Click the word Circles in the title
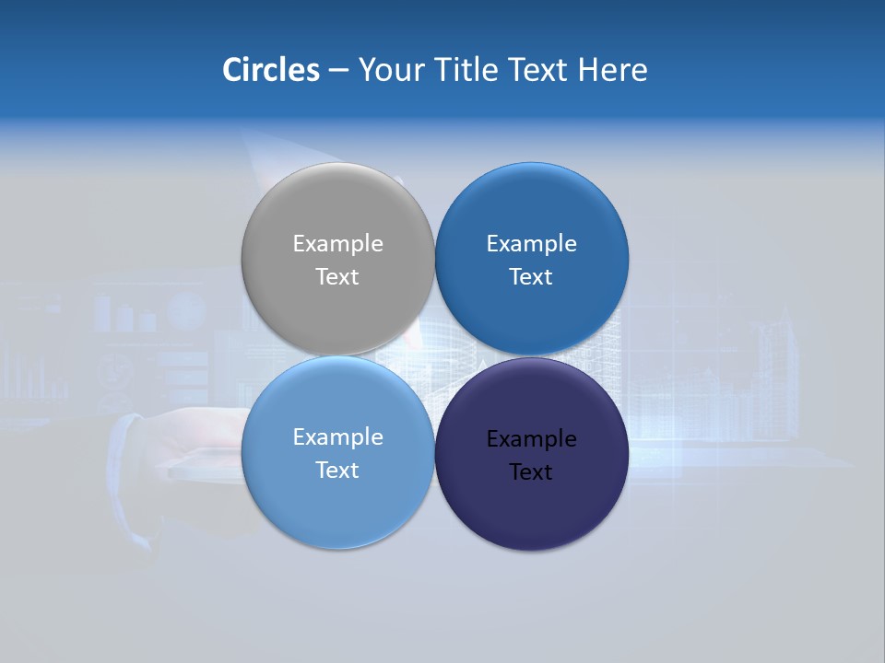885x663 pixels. tap(270, 70)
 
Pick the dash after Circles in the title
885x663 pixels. tap(338, 71)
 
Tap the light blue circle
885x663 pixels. tap(337, 506)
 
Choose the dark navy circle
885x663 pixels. tap(531, 511)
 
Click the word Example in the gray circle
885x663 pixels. tap(337, 244)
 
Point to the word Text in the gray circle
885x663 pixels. tap(337, 277)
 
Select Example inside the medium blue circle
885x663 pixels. tap(531, 244)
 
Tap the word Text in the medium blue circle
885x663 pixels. tap(531, 277)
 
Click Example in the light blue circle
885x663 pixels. tap(337, 437)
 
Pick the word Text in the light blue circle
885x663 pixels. tap(337, 471)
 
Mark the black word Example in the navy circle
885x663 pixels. tap(531, 439)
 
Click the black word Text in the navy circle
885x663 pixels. tap(531, 472)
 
